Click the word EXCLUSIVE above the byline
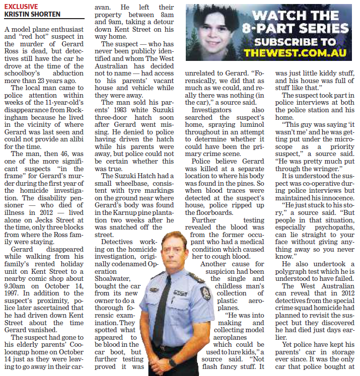[x=21, y=7]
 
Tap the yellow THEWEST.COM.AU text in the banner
[x=297, y=52]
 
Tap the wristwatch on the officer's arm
[x=173, y=362]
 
